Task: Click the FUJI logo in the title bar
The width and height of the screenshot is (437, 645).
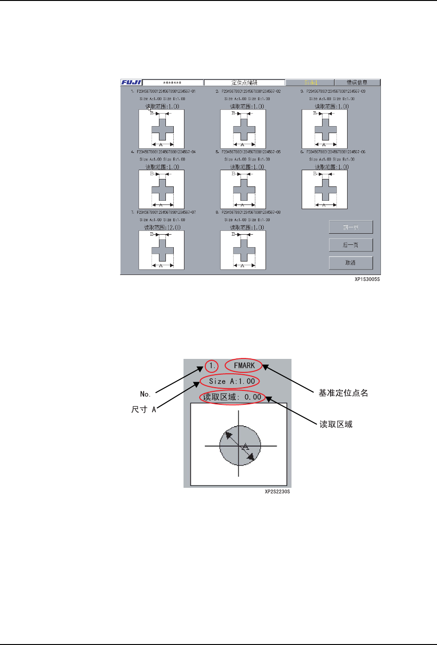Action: click(x=132, y=83)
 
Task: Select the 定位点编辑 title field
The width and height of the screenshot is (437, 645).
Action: click(x=244, y=83)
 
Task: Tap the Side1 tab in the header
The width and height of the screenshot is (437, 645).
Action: click(x=310, y=83)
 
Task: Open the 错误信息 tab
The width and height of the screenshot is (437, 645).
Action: click(x=357, y=83)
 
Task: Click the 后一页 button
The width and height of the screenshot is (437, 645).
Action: click(x=351, y=245)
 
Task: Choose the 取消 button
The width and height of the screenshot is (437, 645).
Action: click(x=351, y=262)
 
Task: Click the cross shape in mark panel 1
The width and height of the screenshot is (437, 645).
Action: click(x=163, y=129)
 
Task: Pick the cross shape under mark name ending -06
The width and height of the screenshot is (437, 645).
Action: click(x=325, y=190)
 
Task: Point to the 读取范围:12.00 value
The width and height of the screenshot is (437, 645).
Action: click(x=162, y=227)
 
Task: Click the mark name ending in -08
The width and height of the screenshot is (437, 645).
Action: click(x=251, y=212)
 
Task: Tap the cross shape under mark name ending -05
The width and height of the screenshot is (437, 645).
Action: click(x=244, y=190)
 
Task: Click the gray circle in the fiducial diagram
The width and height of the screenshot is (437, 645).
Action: click(x=240, y=446)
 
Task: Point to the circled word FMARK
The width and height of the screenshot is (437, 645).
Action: click(x=244, y=365)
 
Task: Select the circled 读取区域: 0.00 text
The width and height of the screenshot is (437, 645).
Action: click(x=232, y=397)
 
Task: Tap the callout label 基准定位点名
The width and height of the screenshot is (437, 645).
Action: click(x=343, y=393)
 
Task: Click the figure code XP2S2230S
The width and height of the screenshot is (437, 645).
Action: click(x=277, y=492)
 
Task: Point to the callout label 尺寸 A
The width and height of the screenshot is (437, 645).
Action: click(x=144, y=409)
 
